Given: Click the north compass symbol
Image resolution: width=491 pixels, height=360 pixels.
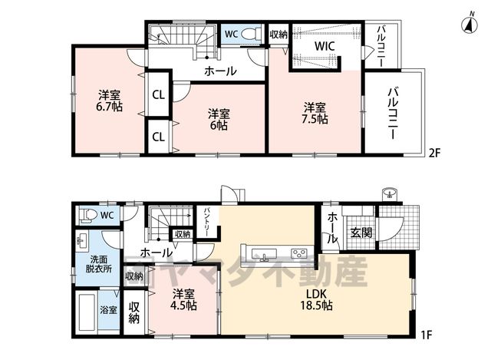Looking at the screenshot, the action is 470,24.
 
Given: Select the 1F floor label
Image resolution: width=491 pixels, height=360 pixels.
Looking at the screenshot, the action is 427,335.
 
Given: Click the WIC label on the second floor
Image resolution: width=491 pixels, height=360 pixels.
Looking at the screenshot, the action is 325,46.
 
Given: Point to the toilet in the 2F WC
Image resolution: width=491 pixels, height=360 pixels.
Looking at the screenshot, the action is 252,33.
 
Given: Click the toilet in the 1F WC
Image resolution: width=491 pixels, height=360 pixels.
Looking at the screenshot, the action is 87,215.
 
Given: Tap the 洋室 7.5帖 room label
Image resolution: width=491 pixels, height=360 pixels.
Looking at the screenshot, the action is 315,113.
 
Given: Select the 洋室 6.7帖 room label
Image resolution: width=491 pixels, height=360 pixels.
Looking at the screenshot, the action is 109,101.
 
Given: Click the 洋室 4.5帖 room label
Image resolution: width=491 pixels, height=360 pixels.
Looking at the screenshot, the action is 184,300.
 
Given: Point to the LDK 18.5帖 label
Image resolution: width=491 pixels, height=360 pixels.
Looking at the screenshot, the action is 317,299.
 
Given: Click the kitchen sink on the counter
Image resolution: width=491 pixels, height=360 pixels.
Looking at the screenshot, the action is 266,253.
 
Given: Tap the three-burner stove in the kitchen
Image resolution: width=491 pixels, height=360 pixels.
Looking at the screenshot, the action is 300,253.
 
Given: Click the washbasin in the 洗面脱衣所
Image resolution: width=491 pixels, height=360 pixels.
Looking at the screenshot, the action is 81,241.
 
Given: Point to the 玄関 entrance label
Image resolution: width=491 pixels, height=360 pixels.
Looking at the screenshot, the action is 361,233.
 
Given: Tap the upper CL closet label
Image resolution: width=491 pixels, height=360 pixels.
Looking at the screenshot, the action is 158,94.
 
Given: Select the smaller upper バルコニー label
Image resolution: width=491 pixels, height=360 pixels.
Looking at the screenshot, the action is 381,46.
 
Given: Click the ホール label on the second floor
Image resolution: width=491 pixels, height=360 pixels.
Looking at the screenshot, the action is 220,71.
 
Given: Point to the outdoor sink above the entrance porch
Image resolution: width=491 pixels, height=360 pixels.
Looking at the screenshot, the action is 390,194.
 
